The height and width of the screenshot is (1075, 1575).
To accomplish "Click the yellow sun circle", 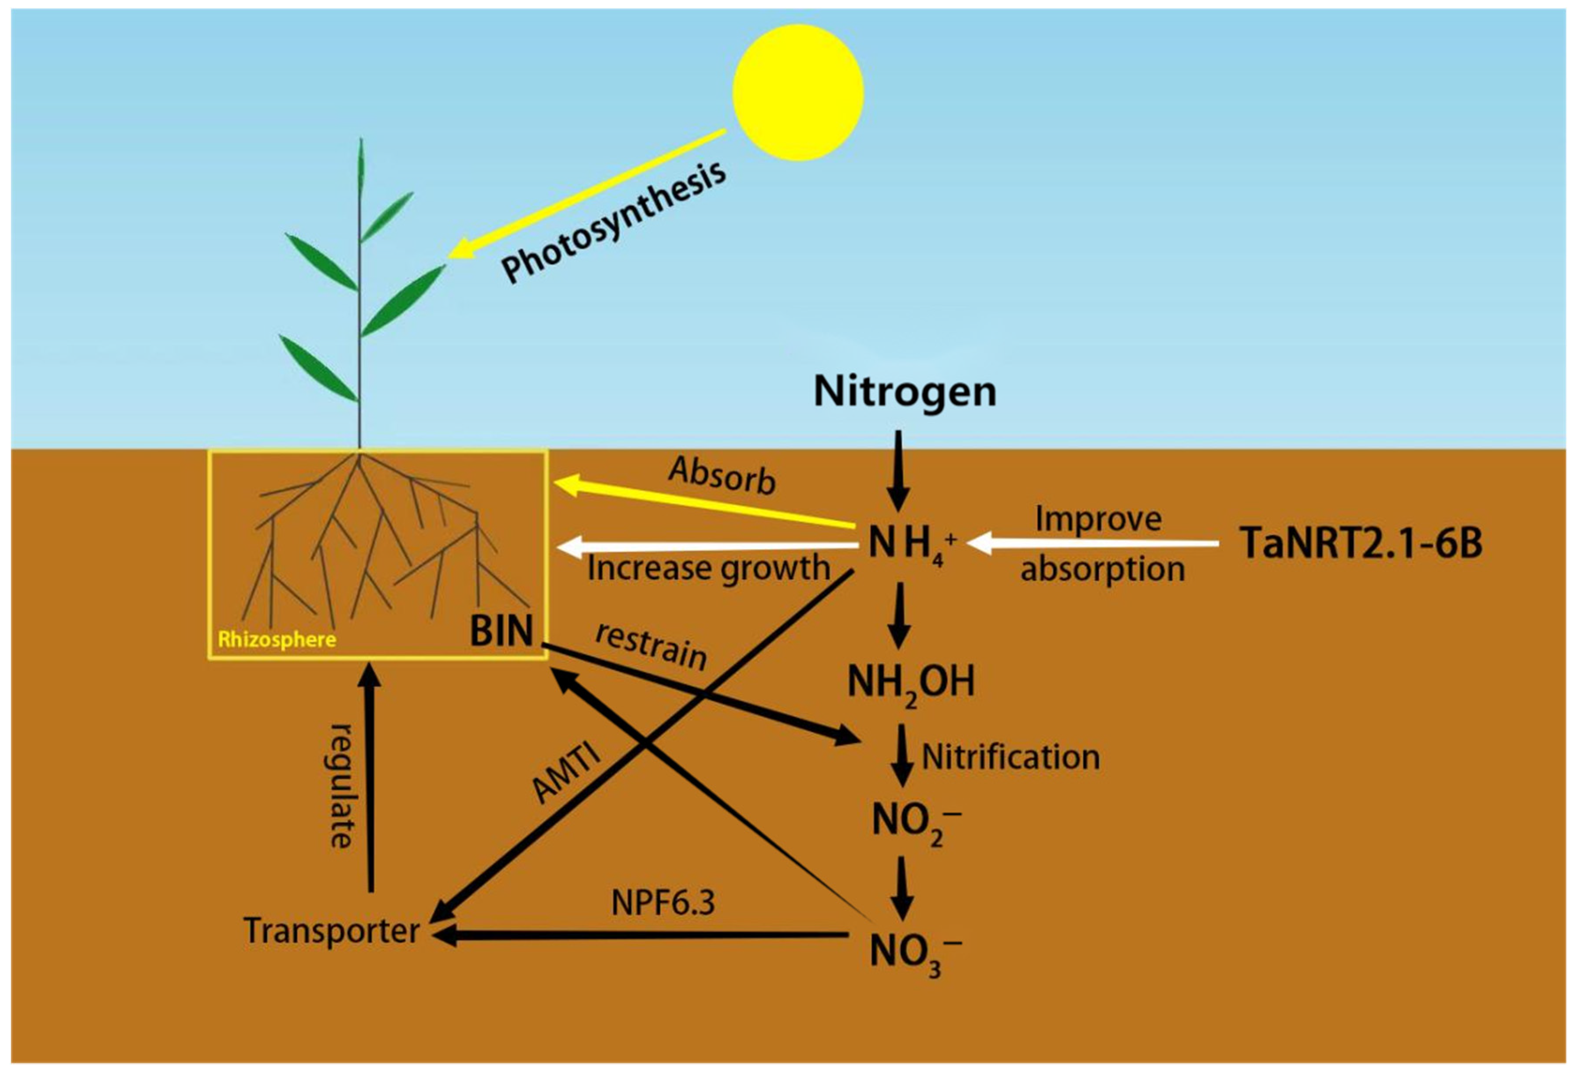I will [798, 93].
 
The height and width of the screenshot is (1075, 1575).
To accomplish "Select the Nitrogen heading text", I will [905, 391].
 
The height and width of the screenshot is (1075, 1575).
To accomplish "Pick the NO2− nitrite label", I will [915, 823].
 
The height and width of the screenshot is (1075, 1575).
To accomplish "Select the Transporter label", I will [331, 931].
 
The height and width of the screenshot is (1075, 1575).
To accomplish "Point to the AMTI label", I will [566, 773].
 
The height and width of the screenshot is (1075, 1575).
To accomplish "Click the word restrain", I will [651, 645].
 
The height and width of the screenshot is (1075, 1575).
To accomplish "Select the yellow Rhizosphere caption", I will [277, 639].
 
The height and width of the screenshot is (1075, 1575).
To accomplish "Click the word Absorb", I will [722, 475].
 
